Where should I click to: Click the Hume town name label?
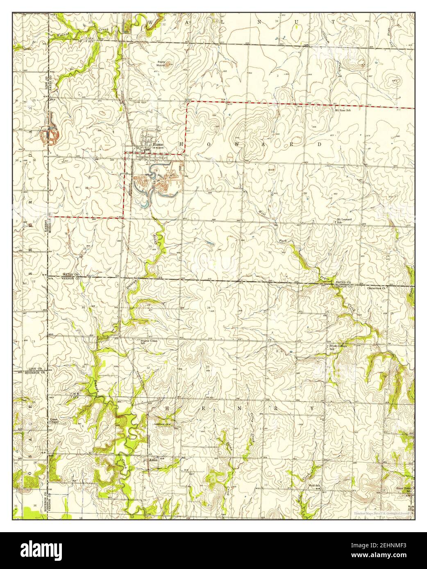pos(158,144)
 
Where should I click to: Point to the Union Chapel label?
pos(54,420)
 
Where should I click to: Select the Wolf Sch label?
pos(313,486)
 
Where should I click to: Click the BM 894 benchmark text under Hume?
pos(157,148)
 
